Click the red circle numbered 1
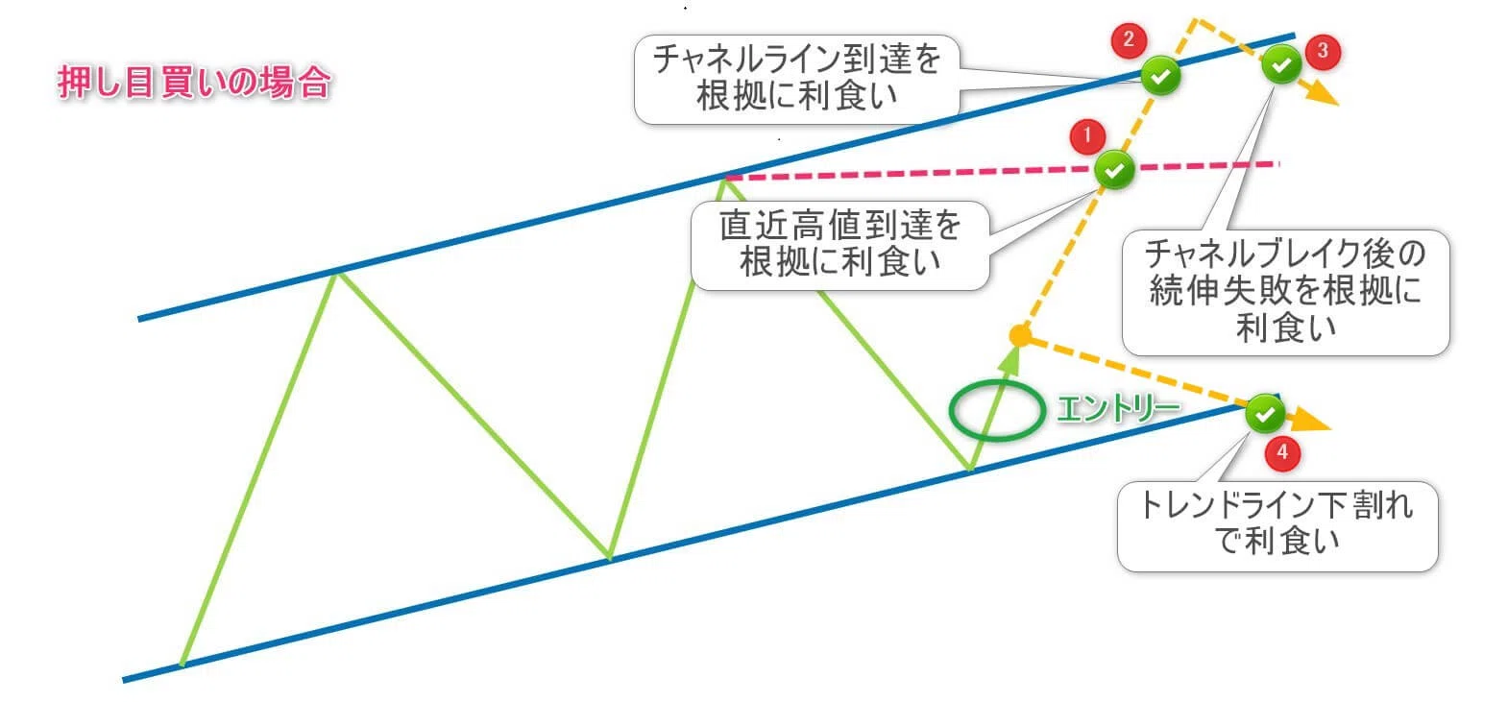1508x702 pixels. click(x=1087, y=136)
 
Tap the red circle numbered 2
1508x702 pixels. click(x=1129, y=39)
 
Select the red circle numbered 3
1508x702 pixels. click(x=1323, y=51)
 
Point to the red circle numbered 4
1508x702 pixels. click(x=1281, y=452)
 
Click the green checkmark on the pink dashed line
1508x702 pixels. click(x=1114, y=170)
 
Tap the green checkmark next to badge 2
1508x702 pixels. click(x=1160, y=75)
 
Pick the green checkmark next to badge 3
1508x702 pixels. click(x=1281, y=64)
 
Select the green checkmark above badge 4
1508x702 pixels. click(x=1265, y=413)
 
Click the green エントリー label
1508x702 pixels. click(x=1118, y=408)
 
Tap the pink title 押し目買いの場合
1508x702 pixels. click(x=194, y=83)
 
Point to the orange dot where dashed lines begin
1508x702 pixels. click(x=1020, y=334)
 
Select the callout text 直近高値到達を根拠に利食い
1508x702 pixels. click(x=840, y=244)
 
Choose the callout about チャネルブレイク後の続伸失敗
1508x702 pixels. click(x=1286, y=291)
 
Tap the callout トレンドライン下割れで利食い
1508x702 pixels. click(x=1277, y=523)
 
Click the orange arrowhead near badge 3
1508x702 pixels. click(x=1322, y=93)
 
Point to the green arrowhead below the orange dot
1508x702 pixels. click(x=1009, y=359)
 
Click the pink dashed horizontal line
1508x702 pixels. click(x=1002, y=171)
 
